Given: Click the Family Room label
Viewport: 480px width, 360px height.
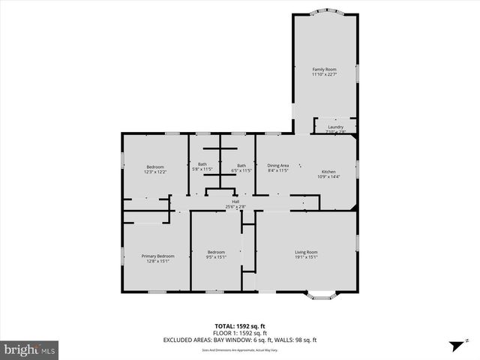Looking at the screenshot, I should click(324, 69).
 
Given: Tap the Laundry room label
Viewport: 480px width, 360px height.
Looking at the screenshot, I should click(335, 127).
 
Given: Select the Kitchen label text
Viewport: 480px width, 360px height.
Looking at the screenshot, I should click(330, 171).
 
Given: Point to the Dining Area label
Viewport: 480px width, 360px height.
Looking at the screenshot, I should click(278, 166).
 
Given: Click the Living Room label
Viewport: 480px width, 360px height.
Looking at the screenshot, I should click(305, 252).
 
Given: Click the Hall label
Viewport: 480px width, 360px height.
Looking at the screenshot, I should click(235, 202).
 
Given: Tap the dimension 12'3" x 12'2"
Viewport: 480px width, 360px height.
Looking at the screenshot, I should click(155, 172).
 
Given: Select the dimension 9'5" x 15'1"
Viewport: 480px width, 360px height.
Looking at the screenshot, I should click(216, 257).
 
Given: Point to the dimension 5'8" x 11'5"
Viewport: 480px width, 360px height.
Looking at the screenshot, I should click(202, 170).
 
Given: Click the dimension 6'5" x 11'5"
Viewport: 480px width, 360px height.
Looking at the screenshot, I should click(241, 170).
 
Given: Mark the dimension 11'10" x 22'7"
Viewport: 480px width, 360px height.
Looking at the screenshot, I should click(324, 74).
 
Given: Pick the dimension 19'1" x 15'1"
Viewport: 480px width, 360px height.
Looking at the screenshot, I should click(305, 257).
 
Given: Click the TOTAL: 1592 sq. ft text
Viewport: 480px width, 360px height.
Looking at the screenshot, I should click(240, 326).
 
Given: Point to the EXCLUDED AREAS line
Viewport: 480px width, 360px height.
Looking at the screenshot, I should click(240, 340).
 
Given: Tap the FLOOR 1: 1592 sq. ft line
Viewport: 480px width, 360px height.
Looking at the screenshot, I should click(240, 333).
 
